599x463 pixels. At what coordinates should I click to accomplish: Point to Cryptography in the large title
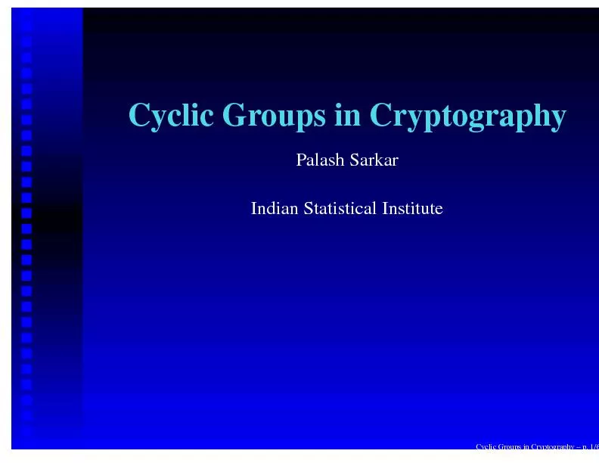coord(467,117)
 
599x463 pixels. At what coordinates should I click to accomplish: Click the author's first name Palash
coord(318,160)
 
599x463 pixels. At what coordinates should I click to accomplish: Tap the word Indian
coord(274,208)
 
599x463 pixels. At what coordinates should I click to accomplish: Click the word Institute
coord(412,208)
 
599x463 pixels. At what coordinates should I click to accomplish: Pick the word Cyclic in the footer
coord(484,446)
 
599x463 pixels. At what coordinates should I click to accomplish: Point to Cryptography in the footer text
coord(548,446)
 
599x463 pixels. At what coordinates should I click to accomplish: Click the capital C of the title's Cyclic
coord(139,116)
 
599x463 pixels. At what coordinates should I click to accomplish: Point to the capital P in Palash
coord(300,160)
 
